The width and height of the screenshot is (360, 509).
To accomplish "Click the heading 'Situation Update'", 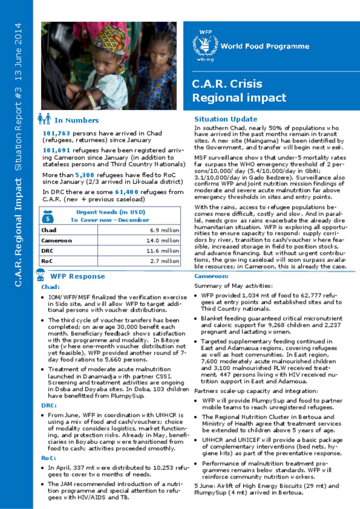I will (x=226, y=119).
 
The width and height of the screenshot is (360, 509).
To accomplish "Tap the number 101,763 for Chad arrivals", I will (x=56, y=133).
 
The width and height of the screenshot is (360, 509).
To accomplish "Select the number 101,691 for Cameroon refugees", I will (x=56, y=150).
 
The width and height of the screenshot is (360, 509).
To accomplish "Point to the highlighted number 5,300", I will (x=84, y=175).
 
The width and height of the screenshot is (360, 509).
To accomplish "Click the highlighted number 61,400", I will (x=127, y=192).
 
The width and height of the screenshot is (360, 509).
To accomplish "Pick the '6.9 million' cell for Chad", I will (x=164, y=230).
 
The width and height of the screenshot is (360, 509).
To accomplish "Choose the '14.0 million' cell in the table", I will (x=162, y=241).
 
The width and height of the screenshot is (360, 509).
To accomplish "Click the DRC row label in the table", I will (x=47, y=251).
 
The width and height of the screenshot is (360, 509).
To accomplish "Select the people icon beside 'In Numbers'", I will (x=44, y=119).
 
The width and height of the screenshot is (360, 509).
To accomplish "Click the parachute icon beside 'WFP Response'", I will (x=41, y=275).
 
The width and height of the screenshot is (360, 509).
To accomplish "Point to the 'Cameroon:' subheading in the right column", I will (x=211, y=276).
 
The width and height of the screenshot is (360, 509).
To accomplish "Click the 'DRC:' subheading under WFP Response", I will (x=49, y=405).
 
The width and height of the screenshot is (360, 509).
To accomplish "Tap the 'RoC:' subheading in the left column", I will (x=49, y=458).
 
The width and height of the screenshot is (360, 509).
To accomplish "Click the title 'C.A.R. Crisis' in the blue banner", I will (x=227, y=84).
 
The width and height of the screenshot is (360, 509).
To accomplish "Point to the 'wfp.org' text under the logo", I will (x=205, y=60).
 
